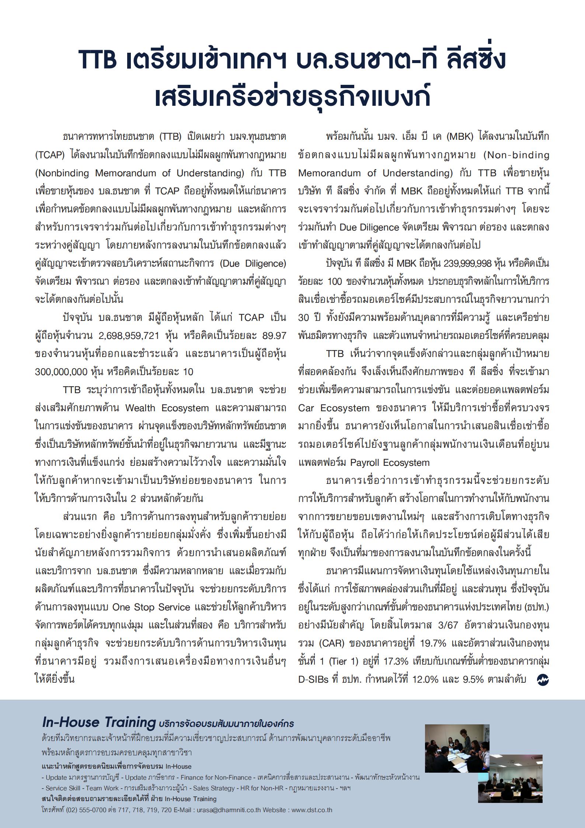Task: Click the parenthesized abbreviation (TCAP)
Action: pyautogui.click(x=50, y=155)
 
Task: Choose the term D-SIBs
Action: pyautogui.click(x=313, y=679)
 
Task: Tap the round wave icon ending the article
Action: pyautogui.click(x=543, y=680)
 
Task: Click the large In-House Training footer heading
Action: pyautogui.click(x=99, y=722)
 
